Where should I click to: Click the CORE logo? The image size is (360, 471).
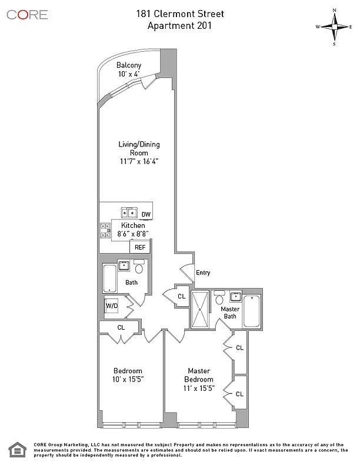tap(27, 14)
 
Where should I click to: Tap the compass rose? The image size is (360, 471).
tap(334, 26)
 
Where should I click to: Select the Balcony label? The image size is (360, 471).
tap(128, 65)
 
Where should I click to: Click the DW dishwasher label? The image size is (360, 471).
tap(146, 214)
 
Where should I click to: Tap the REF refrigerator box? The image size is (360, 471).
tap(140, 247)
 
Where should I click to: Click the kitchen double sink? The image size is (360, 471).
tap(129, 213)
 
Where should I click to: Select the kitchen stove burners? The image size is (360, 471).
tap(106, 230)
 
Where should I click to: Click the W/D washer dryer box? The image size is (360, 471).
tap(111, 306)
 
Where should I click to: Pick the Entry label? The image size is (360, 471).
tap(203, 273)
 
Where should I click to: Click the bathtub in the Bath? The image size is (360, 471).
tap(109, 278)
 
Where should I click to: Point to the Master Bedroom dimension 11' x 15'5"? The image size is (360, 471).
tap(199, 389)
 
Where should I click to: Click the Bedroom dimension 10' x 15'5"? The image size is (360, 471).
tap(128, 380)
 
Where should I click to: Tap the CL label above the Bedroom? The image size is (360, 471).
tap(121, 327)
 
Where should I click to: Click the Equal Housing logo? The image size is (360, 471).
tap(17, 452)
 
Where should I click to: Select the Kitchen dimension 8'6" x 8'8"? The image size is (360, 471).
tap(132, 234)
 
